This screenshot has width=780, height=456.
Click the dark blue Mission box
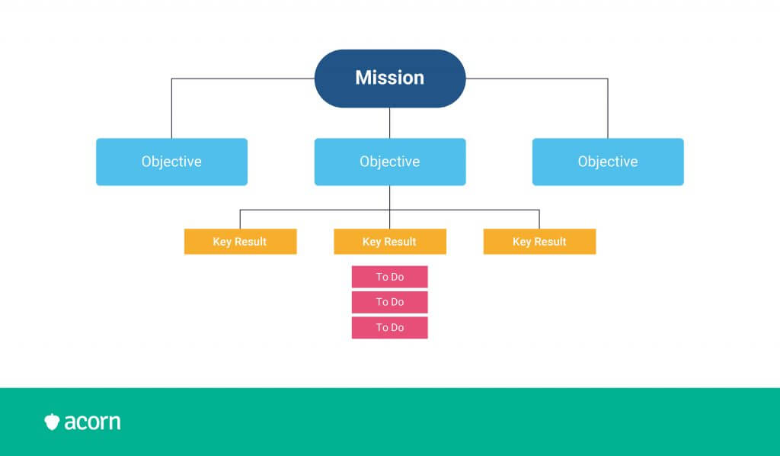click(x=390, y=78)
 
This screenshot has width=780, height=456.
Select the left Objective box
click(x=171, y=162)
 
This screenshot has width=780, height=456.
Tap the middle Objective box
click(x=390, y=162)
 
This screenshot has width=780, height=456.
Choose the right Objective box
click(x=608, y=162)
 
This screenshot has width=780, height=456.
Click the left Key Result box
click(x=240, y=242)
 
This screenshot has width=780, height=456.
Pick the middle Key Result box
click(x=390, y=242)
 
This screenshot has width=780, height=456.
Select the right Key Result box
click(x=540, y=242)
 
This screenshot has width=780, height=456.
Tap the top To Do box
click(x=389, y=277)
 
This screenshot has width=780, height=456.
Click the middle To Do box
click(x=389, y=302)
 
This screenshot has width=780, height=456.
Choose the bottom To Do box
click(x=389, y=328)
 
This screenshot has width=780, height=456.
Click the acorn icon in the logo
click(x=52, y=422)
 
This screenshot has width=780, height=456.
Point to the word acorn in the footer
click(x=92, y=422)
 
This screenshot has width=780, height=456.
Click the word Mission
click(x=390, y=78)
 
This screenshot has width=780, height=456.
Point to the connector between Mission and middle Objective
click(x=389, y=123)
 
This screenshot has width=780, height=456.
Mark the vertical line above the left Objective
click(x=171, y=108)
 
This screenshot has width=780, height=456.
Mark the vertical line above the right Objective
click(x=608, y=108)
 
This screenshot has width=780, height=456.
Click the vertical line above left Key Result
click(x=240, y=219)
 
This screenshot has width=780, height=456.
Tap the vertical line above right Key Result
click(x=539, y=219)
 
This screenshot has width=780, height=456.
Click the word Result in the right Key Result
click(x=550, y=242)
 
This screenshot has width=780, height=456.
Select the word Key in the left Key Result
click(x=222, y=242)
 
